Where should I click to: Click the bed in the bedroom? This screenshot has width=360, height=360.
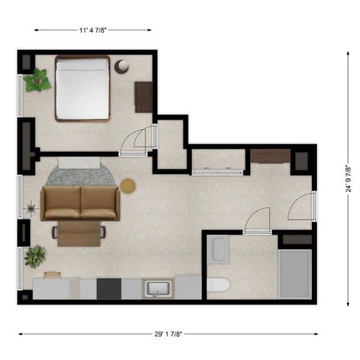pyautogui.click(x=82, y=88)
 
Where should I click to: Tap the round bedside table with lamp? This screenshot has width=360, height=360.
pyautogui.click(x=122, y=67)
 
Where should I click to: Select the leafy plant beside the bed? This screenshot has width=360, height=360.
pyautogui.click(x=37, y=80)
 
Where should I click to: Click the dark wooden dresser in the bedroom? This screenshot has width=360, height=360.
pyautogui.click(x=143, y=97)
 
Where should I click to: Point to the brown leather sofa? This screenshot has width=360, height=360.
pyautogui.click(x=80, y=203)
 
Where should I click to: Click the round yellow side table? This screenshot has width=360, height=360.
pyautogui.click(x=128, y=186)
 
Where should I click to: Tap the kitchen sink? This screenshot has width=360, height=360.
pyautogui.click(x=158, y=289)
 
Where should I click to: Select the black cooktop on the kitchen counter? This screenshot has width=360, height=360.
pyautogui.click(x=109, y=289)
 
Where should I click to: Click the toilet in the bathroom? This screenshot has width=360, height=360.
pyautogui.click(x=218, y=285)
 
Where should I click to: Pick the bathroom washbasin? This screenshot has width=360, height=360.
pyautogui.click(x=218, y=249)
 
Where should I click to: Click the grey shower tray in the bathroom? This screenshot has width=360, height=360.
pyautogui.click(x=295, y=274)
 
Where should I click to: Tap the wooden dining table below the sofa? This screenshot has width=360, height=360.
pyautogui.click(x=79, y=233)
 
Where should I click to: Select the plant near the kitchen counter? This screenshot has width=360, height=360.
pyautogui.click(x=35, y=256)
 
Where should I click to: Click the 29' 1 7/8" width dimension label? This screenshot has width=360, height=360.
pyautogui.click(x=168, y=334)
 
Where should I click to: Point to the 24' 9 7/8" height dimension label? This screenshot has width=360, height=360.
pyautogui.click(x=348, y=179)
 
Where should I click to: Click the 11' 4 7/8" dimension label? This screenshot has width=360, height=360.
pyautogui.click(x=93, y=30)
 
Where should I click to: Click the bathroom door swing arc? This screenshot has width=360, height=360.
pyautogui.click(x=254, y=213)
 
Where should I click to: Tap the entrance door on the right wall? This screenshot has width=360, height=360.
pyautogui.click(x=314, y=206)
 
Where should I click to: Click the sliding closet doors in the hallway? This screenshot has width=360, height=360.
pyautogui.click(x=217, y=172)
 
